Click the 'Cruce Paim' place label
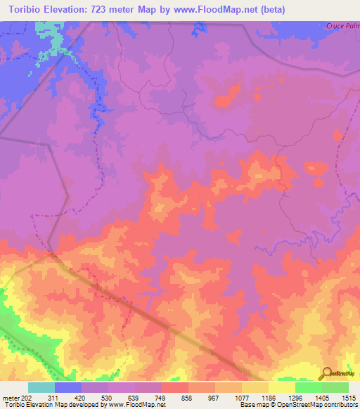(342, 25)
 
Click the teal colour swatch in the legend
(41, 387)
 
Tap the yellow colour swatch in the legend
(282, 387)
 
